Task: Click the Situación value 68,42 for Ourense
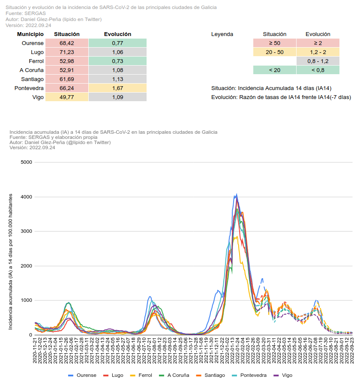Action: tap(67, 43)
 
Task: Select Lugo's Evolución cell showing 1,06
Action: tap(117, 52)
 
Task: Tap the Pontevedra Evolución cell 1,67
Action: tap(117, 88)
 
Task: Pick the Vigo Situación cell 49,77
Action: tap(67, 97)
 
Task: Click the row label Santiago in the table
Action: tap(32, 79)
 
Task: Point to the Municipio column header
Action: tap(30, 34)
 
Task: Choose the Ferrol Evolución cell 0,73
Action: tap(117, 61)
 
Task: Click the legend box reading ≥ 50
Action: tap(274, 43)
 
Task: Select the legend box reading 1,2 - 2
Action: tap(318, 52)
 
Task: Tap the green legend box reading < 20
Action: tap(274, 70)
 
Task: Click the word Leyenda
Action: tap(222, 34)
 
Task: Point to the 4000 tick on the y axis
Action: tap(27, 197)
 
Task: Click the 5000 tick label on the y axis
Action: tap(27, 162)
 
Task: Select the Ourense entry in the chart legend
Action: tap(82, 375)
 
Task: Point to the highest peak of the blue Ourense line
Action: tap(237, 194)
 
